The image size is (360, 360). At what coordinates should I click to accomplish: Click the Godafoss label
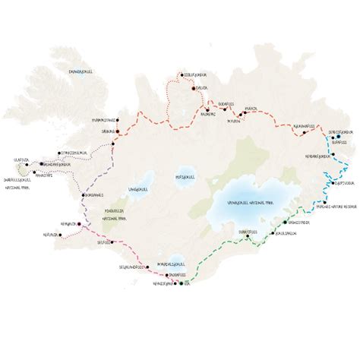pyautogui.click(x=229, y=104)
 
